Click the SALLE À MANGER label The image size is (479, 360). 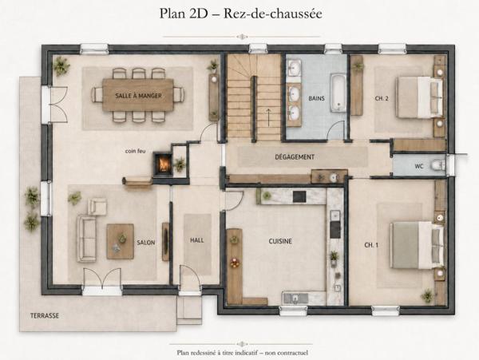[x=138, y=96]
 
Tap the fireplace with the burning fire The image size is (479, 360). [x=163, y=164]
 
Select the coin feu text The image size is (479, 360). [x=136, y=151]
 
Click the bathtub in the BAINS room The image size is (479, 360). [x=338, y=93]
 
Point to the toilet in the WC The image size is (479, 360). [x=437, y=165]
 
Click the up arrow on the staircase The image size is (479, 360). [x=269, y=117]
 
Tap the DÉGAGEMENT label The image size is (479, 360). [x=295, y=157]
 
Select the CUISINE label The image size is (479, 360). [x=280, y=241]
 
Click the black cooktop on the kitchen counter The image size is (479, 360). [x=299, y=196]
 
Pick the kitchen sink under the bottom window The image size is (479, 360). [x=295, y=298]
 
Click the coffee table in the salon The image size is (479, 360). [x=120, y=242]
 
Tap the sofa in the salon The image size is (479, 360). [x=86, y=239]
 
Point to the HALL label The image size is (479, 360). [x=197, y=240]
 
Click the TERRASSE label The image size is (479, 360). [x=45, y=316]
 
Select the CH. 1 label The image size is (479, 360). [x=371, y=245]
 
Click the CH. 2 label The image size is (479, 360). [x=382, y=98]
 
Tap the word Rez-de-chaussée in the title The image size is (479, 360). [x=273, y=14]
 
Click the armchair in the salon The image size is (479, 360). [x=97, y=207]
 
